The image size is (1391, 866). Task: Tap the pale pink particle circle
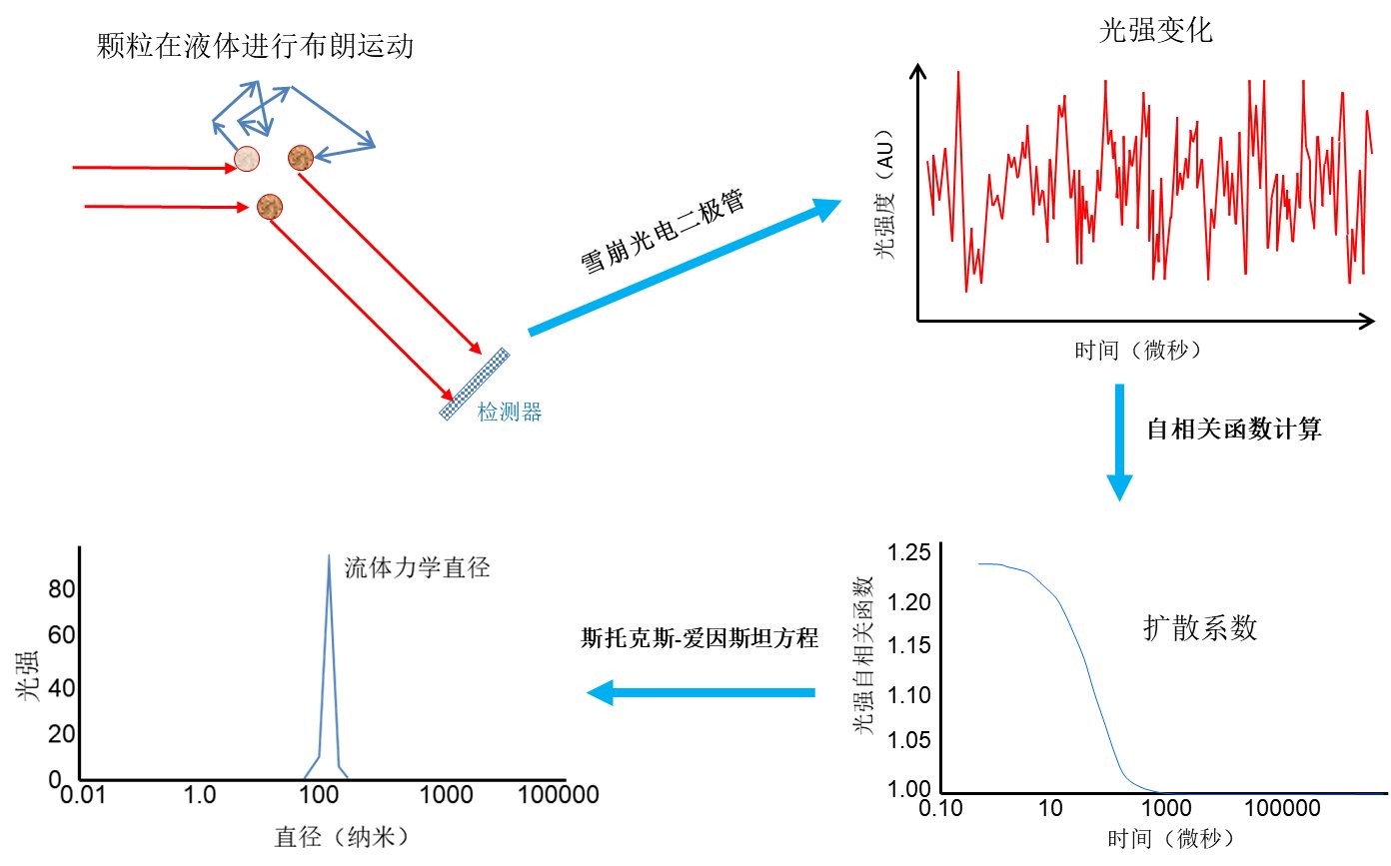tap(247, 158)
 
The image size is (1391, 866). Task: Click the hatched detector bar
tap(476, 384)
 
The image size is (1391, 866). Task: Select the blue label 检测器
tap(510, 412)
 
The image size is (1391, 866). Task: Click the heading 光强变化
tap(1155, 32)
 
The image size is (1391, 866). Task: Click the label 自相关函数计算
tap(1233, 430)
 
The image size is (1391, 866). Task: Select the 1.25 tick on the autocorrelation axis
tap(908, 554)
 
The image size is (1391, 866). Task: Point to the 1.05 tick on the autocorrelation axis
tap(908, 740)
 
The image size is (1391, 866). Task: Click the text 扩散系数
tap(1199, 628)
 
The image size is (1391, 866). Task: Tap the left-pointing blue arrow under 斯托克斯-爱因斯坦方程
tap(699, 692)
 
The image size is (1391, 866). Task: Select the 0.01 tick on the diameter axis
tap(80, 796)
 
